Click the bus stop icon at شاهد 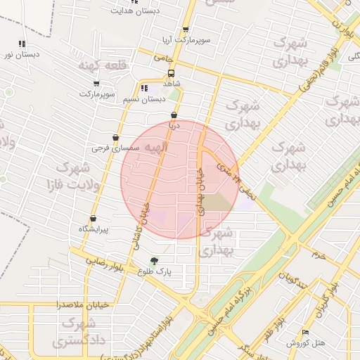coord(172,72)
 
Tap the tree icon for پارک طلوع coord(155,261)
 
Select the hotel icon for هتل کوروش coord(304,332)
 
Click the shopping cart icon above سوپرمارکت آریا coord(186,30)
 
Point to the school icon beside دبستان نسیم coord(144,89)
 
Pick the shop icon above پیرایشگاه coord(93,218)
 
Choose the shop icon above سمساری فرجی coord(115,138)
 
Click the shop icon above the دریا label coord(174,115)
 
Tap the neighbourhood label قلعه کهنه coord(104,65)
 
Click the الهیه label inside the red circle coord(157,148)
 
